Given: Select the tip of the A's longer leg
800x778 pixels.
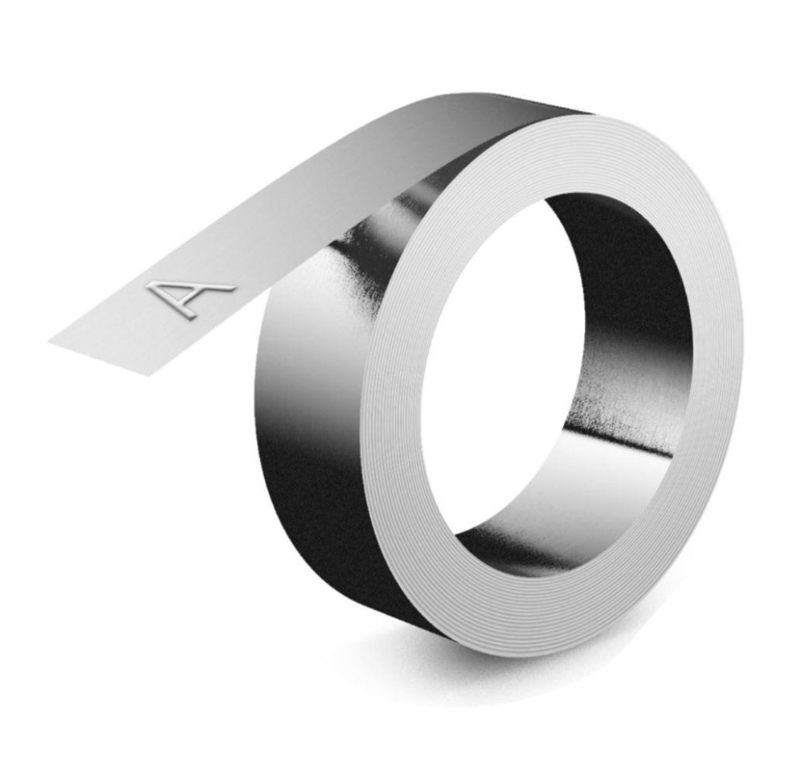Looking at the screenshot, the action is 234,289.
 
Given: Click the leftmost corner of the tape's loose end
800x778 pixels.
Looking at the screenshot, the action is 49,342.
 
